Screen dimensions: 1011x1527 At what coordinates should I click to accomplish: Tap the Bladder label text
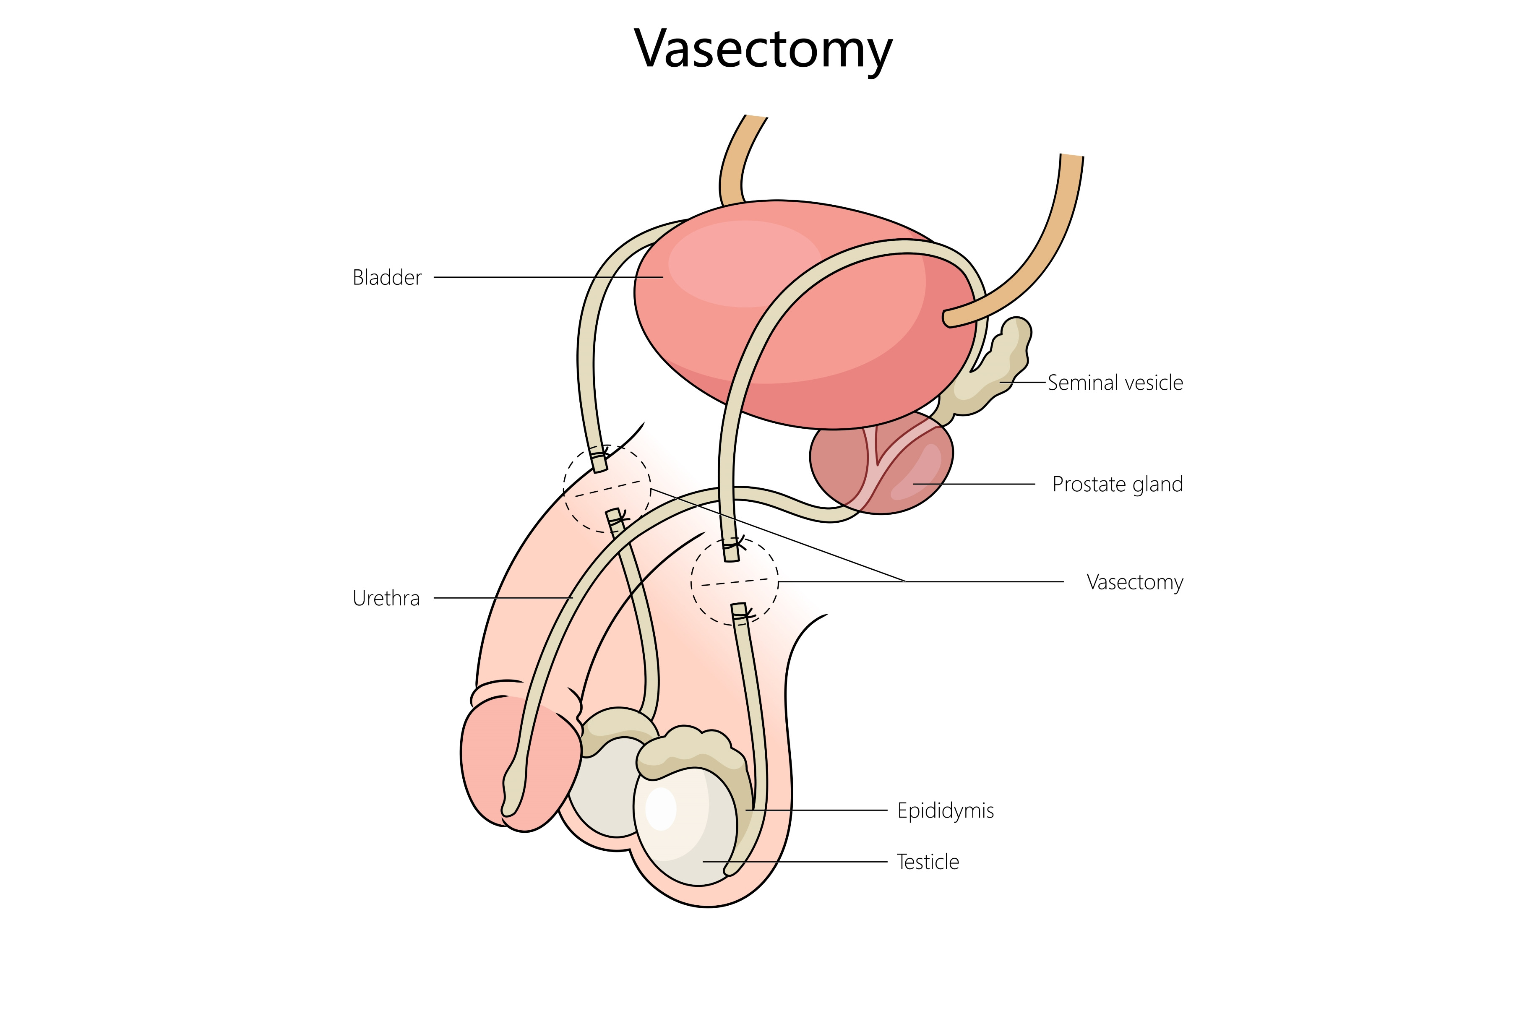[x=387, y=278]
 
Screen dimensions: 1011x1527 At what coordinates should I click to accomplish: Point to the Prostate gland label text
[x=1117, y=484]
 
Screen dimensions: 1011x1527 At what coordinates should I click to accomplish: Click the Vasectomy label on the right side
[x=1134, y=582]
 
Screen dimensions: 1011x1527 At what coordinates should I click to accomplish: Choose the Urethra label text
[x=386, y=598]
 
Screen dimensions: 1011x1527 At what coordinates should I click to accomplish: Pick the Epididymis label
[x=945, y=810]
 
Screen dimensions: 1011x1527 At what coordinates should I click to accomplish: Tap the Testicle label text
[x=928, y=862]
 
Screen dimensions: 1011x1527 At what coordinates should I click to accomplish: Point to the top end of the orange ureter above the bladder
[x=756, y=118]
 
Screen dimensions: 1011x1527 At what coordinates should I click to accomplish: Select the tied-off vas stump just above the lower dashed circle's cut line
[x=731, y=550]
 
